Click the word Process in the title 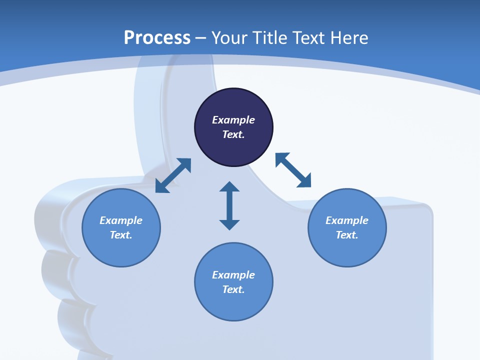click(x=157, y=38)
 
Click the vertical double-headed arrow click(x=229, y=205)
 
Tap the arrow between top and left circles click(x=173, y=175)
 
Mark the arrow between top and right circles click(x=293, y=170)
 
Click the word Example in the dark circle click(x=233, y=120)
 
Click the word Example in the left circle click(x=121, y=220)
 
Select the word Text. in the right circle click(x=347, y=235)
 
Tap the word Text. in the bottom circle click(x=233, y=289)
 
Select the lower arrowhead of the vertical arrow click(x=229, y=224)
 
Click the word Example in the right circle click(x=347, y=220)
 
